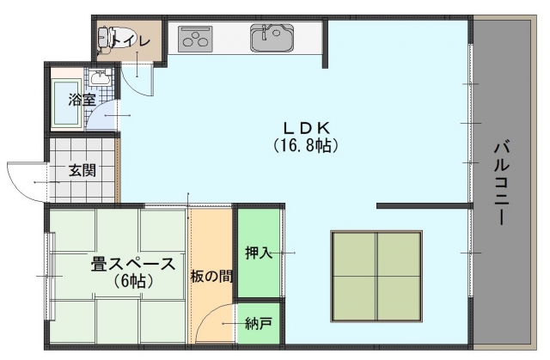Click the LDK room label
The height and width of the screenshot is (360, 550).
306,129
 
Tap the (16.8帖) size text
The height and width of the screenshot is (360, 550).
306,145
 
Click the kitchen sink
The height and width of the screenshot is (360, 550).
272,37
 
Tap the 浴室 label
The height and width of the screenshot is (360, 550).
82,101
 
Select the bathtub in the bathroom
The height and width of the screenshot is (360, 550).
67,102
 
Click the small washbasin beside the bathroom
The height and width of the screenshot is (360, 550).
100,77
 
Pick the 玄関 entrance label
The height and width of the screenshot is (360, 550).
82,171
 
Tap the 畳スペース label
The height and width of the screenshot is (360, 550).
133,265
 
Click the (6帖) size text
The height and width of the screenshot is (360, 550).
133,281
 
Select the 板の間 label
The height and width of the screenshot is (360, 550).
211,277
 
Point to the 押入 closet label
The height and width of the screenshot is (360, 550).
259,253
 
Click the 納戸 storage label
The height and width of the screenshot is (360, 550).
259,324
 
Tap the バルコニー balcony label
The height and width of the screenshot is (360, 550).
502,182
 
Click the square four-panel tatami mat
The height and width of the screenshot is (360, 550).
376,277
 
